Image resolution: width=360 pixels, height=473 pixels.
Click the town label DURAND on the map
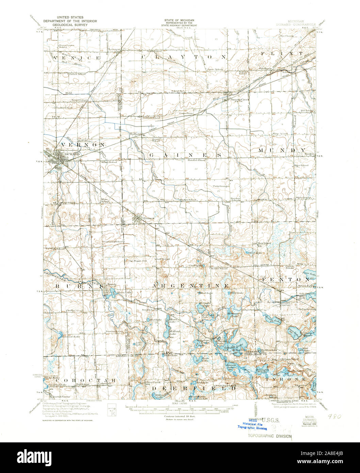[x=72, y=154]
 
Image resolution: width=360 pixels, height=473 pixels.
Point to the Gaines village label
[x=149, y=218]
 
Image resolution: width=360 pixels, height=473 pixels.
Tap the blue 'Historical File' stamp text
[x=252, y=424]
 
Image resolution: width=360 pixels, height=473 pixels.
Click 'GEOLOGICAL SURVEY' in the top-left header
[x=70, y=25]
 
